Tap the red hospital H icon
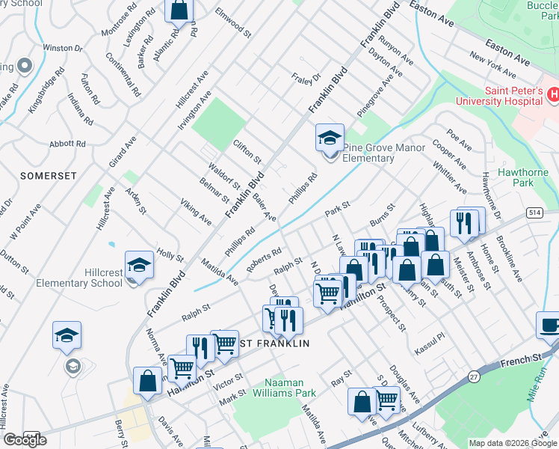click(553, 94)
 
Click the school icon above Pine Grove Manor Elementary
click(330, 138)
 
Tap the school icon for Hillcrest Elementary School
click(139, 266)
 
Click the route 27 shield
click(474, 377)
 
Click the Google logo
click(25, 440)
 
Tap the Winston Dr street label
click(62, 47)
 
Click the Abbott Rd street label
click(67, 144)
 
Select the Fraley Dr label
click(306, 77)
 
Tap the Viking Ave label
click(195, 212)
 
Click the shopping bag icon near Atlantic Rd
click(179, 10)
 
